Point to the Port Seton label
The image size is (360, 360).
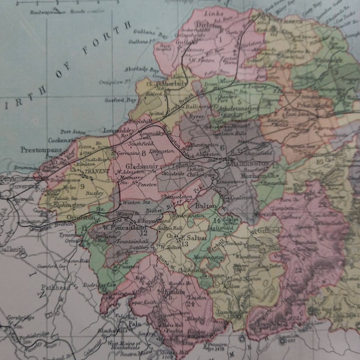click(72, 131)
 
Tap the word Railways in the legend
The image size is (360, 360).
click(42, 11)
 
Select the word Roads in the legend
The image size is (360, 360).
click(77, 11)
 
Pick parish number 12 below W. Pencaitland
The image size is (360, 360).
click(94, 233)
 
